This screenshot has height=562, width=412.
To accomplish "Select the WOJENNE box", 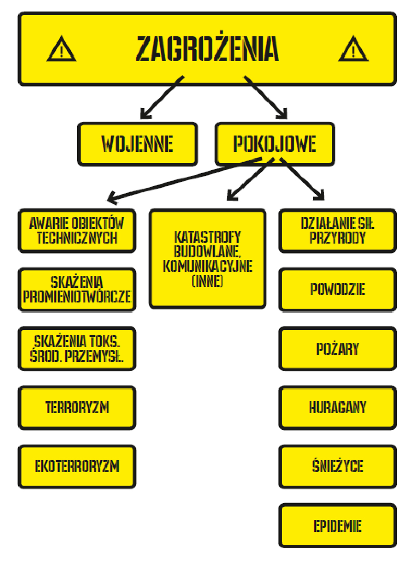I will click(x=137, y=144).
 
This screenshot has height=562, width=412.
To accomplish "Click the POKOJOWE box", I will click(x=275, y=144).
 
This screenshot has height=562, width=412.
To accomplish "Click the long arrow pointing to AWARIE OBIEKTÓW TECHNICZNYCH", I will click(x=186, y=179).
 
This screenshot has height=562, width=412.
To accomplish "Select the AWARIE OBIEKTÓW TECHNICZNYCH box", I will click(x=77, y=231).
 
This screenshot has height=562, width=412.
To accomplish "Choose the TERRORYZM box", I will click(x=77, y=407).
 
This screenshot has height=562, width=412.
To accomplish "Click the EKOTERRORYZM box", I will click(x=77, y=467).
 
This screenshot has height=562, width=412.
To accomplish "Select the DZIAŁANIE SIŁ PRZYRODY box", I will click(x=338, y=231).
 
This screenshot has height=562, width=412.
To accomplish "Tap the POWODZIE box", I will click(x=338, y=290).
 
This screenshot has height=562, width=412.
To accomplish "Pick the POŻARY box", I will click(x=338, y=349).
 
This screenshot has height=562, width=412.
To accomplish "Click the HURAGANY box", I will click(x=338, y=407).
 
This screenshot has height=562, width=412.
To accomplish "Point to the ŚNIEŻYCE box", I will click(x=338, y=467).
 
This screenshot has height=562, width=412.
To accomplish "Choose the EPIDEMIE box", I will click(x=338, y=526).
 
